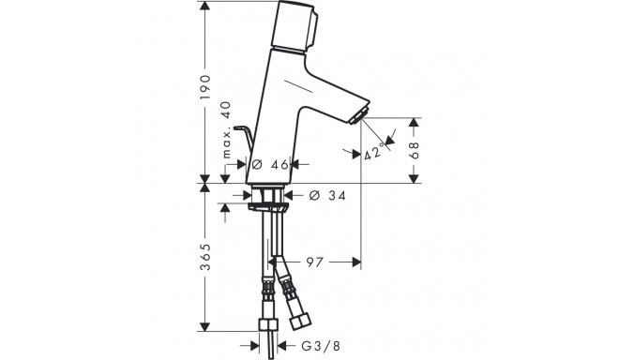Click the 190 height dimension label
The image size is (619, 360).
point(204,86)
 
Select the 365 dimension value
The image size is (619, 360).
point(204,257)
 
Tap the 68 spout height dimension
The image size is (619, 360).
point(415,150)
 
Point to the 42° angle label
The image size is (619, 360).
point(374,152)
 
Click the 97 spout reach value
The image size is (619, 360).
point(315,262)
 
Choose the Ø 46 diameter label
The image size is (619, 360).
point(270,165)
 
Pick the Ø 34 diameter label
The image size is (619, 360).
point(327,195)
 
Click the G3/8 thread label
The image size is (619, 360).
point(321,346)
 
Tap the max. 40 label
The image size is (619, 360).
point(226,130)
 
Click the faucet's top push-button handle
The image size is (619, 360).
point(296,26)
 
